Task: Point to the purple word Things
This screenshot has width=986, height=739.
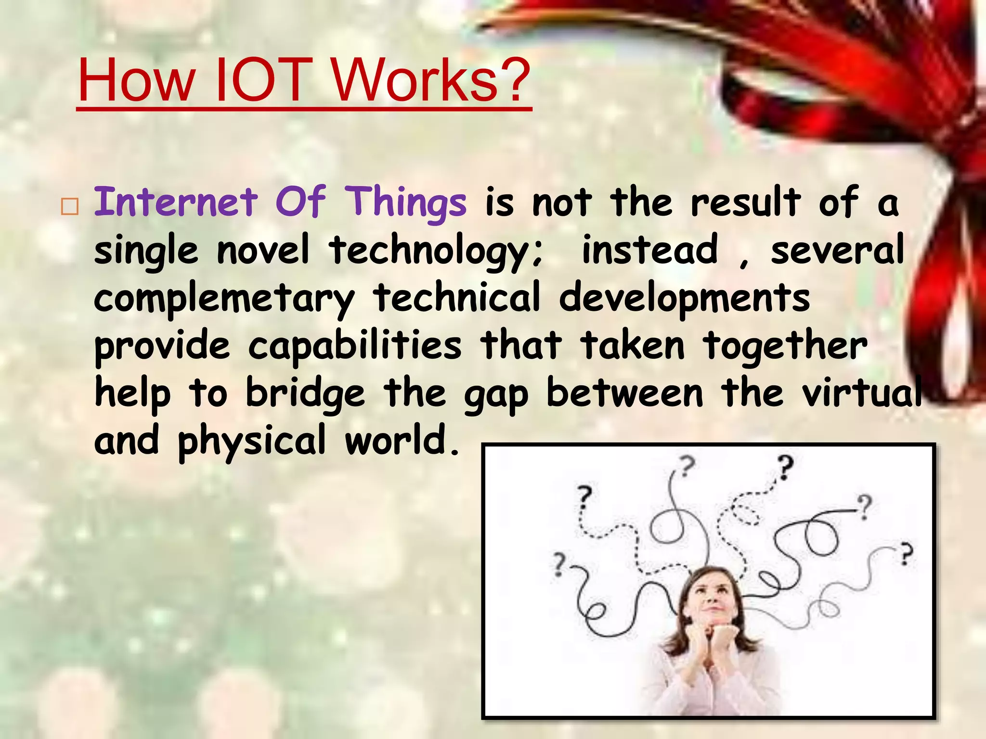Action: coord(407,202)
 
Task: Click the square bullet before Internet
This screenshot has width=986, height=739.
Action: coord(70,206)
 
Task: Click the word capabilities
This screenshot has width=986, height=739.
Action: coord(355,346)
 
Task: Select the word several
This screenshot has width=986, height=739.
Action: coord(837,250)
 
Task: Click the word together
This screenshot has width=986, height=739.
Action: coord(785,346)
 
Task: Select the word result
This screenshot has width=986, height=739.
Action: coord(746,202)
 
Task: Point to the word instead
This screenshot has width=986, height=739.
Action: coord(650,250)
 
